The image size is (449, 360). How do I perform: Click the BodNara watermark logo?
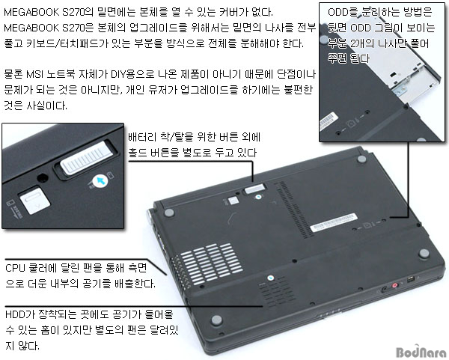(421, 351)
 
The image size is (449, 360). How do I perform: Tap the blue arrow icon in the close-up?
(100, 180)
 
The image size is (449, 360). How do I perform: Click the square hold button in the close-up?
(34, 200)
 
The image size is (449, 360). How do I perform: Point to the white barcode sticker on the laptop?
(334, 222)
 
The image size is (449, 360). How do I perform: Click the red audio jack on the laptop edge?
(395, 285)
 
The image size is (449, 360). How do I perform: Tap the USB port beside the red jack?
(410, 279)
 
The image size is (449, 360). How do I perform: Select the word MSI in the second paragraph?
(34, 74)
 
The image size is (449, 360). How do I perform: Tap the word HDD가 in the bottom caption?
(19, 314)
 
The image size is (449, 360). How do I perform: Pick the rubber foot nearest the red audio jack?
(424, 253)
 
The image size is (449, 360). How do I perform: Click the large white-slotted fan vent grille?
(211, 264)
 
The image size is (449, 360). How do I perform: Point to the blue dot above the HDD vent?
(271, 278)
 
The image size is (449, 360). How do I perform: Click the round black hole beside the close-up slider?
(43, 177)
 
